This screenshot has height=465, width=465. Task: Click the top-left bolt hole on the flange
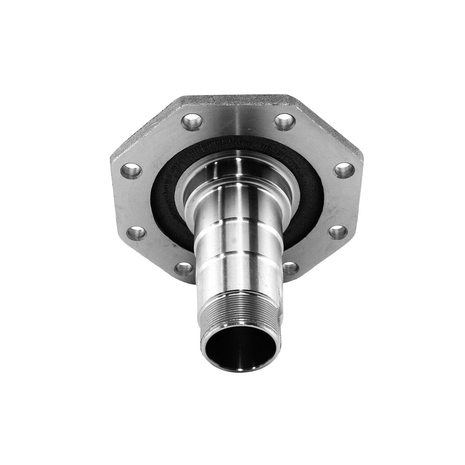tap(192, 122)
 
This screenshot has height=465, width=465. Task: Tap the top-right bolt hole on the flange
tap(285, 122)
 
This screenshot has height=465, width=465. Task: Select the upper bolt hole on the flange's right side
tap(344, 170)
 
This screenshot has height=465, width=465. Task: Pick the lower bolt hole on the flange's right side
tap(338, 232)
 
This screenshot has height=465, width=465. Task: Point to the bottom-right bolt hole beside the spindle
tap(290, 268)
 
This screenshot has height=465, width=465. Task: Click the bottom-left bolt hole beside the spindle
tap(184, 268)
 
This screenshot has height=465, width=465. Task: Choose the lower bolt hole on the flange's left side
tap(136, 233)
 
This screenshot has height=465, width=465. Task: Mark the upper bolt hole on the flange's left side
tap(131, 171)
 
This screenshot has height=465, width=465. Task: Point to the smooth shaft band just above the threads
tap(239, 274)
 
